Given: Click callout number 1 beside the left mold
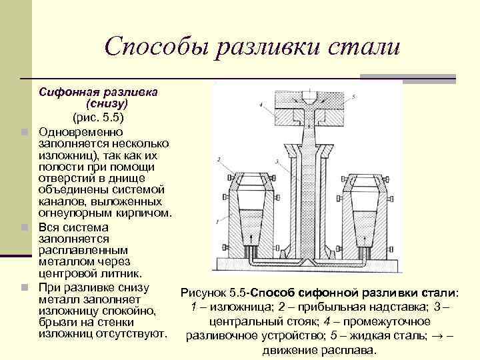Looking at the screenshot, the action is [x=217, y=220].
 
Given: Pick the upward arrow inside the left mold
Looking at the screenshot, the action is [x=251, y=237].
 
